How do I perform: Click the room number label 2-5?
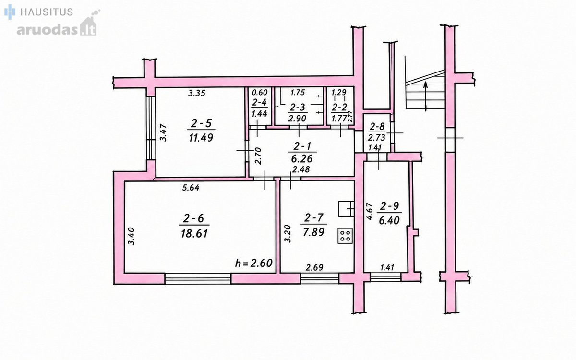point(201,123)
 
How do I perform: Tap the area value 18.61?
point(194,234)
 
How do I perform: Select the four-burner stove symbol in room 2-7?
point(345,236)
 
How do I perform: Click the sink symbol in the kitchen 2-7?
point(347,209)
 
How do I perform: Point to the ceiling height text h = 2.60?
point(254,263)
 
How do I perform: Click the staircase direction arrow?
point(426,96)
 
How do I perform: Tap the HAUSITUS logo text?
point(47,12)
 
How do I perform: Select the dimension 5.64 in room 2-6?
point(191,188)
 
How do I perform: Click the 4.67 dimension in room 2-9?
point(370,212)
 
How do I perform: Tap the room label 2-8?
point(377,127)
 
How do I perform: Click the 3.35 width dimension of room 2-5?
point(197,93)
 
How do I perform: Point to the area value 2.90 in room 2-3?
point(297,118)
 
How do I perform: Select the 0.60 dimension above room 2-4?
point(260,92)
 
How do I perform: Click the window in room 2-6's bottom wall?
point(198,278)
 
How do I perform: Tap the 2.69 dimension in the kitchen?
point(314,268)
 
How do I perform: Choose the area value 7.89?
point(313,232)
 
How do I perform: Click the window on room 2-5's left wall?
point(151,128)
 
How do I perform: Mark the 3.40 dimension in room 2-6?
point(132,236)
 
